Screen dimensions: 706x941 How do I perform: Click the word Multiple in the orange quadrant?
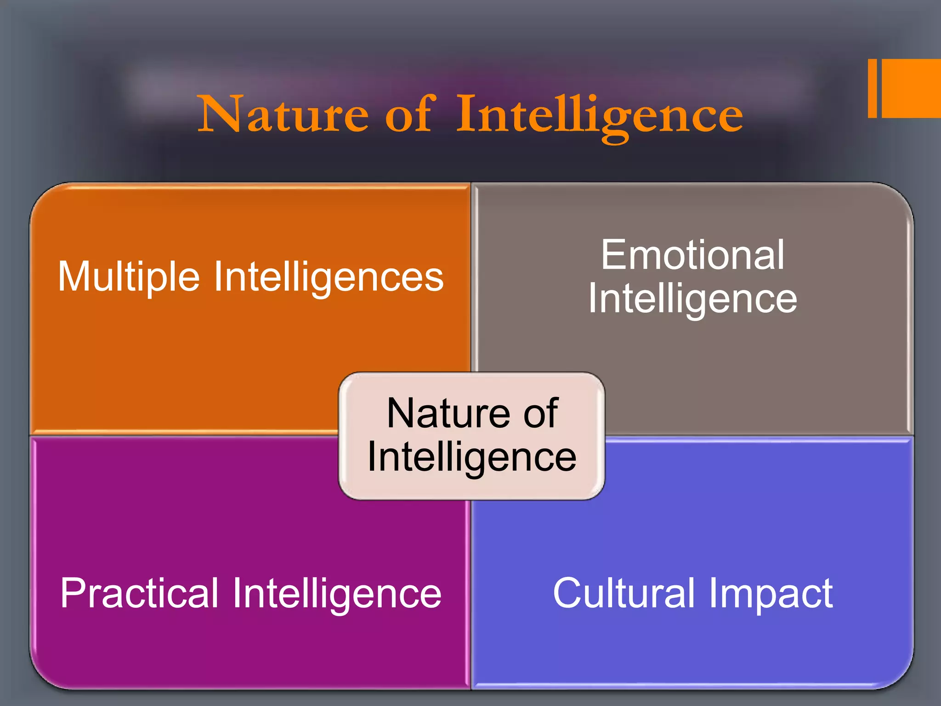(128, 277)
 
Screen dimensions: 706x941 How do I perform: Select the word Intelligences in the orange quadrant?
(329, 277)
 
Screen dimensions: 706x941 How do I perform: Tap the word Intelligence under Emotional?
(692, 299)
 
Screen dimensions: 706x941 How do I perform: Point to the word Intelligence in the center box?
(471, 457)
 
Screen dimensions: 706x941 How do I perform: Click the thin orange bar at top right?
(872, 88)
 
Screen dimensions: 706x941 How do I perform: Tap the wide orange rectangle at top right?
(911, 88)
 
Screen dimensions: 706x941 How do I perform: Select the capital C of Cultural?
(568, 593)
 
